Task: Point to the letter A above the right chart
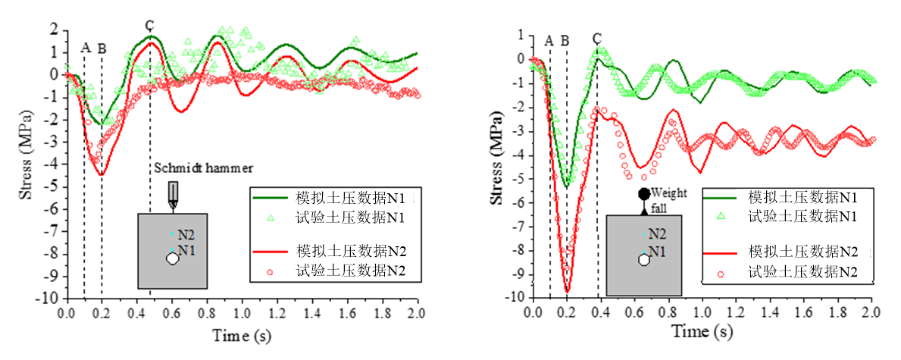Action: coord(549,40)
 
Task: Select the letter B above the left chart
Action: coord(102,49)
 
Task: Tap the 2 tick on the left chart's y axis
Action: coord(55,30)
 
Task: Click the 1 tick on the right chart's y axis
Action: coord(521,35)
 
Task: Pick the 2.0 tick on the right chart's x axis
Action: coord(871,312)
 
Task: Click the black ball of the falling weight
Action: coord(644,195)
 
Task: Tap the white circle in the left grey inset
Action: coord(172,258)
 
